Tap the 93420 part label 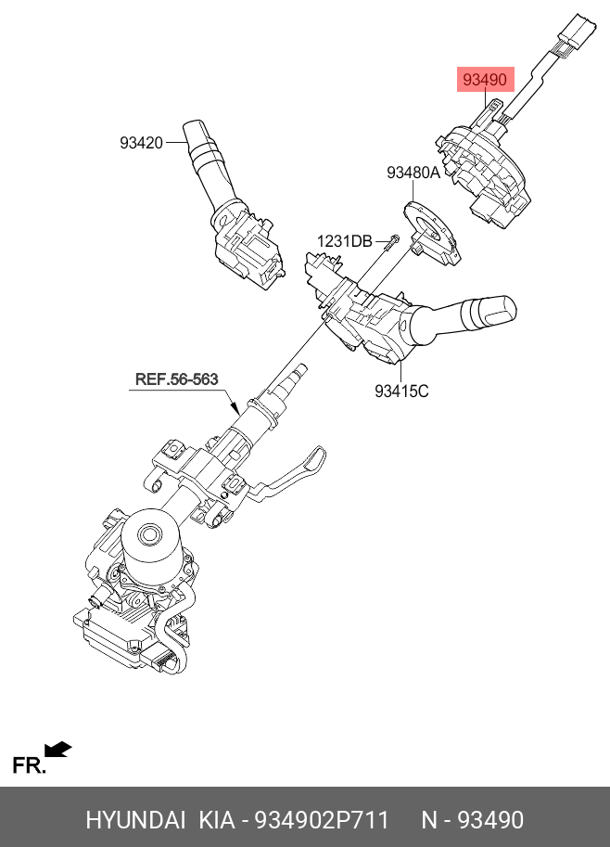point(141,143)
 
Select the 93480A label point(413,173)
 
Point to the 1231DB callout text point(344,241)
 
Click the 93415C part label point(401,391)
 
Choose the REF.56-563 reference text point(176,379)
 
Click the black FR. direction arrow point(58,749)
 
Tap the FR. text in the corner point(28,765)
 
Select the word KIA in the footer point(216,820)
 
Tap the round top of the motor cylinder point(147,533)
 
